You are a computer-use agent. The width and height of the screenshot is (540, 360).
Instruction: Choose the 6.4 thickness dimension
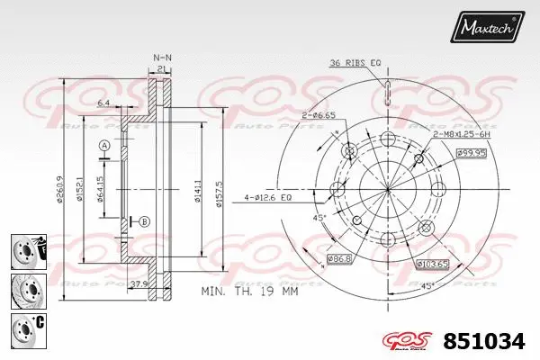(105, 104)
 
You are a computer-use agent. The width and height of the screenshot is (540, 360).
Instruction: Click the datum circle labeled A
(104, 146)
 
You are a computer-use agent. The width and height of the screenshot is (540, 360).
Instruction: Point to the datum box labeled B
(144, 221)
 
